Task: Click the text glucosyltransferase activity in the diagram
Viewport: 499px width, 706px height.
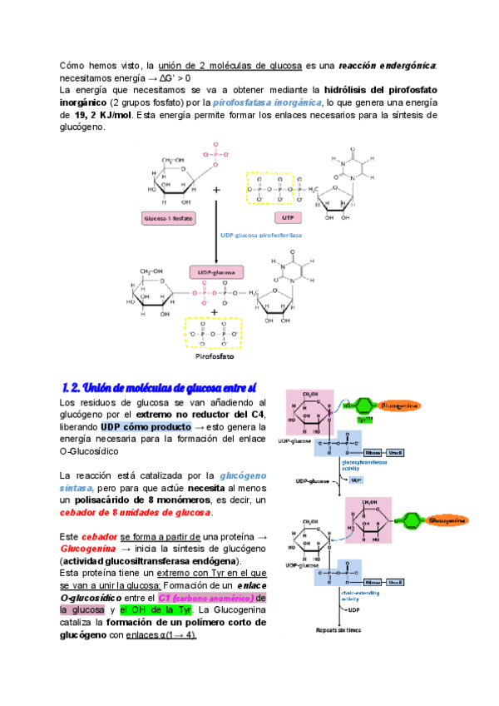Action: [x=363, y=466]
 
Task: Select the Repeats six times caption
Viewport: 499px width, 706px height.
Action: [x=338, y=629]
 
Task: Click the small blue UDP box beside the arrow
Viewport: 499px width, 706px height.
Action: [x=356, y=480]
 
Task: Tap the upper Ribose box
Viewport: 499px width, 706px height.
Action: [x=373, y=453]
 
